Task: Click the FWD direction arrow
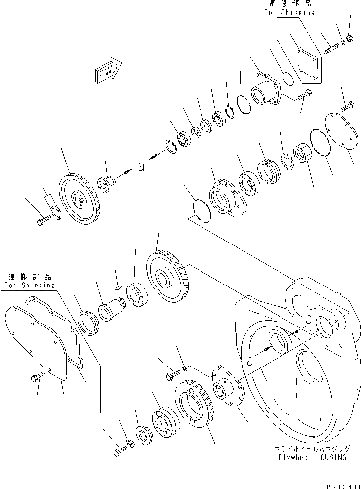(108, 71)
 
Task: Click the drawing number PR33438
(344, 486)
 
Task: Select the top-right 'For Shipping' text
(289, 12)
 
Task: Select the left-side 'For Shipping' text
(30, 285)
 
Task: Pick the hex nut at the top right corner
(350, 39)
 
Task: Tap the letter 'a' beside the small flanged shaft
(141, 167)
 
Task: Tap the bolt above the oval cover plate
(347, 106)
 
